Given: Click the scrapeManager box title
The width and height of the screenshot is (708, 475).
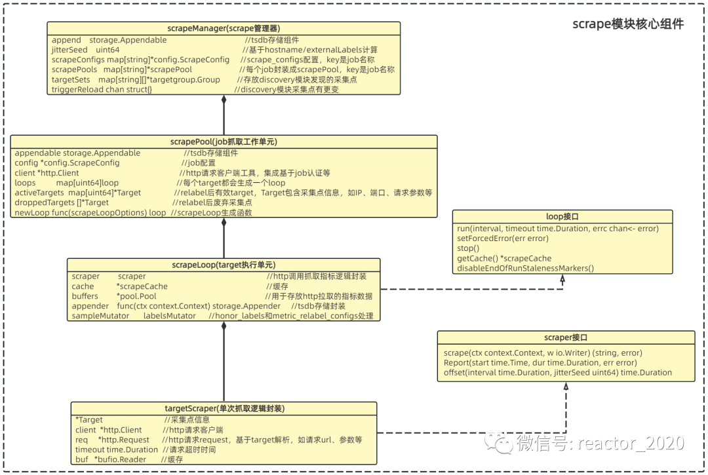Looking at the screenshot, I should (224, 28).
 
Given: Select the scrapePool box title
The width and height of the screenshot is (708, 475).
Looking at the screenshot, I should (224, 142).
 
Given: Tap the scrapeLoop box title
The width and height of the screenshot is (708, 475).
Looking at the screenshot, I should (224, 265).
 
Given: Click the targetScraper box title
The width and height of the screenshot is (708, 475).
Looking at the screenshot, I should (224, 408).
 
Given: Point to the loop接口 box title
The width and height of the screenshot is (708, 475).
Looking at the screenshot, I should (562, 216).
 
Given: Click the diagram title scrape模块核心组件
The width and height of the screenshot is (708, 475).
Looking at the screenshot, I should (627, 24).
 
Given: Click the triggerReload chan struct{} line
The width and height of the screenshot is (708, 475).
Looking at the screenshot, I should (102, 89).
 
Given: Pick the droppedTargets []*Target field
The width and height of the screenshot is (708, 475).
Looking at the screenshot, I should (62, 203).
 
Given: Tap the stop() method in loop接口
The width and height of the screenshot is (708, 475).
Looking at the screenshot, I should (468, 248).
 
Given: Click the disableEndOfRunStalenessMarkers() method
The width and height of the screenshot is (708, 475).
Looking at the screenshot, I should (525, 268).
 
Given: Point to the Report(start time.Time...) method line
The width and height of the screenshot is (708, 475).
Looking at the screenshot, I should (540, 363).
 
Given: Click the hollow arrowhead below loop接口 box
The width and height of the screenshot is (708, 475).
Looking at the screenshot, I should (562, 279).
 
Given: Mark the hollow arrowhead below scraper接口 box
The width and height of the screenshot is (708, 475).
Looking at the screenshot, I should (566, 388).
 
